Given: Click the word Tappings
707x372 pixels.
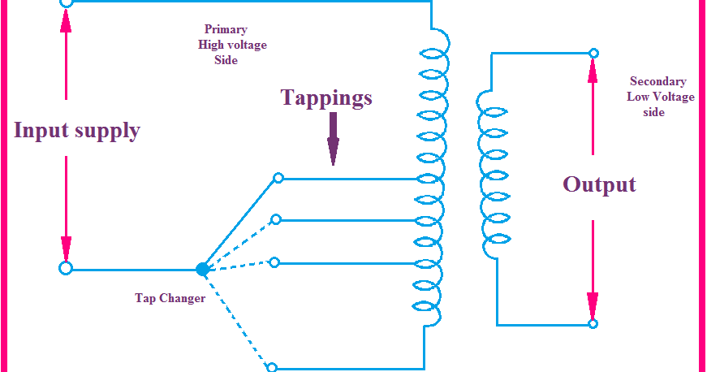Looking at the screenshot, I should (x=326, y=98).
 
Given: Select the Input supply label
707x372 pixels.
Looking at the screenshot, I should (x=77, y=131).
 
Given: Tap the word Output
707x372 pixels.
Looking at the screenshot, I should (x=599, y=184).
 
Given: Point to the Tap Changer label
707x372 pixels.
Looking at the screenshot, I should (x=170, y=298).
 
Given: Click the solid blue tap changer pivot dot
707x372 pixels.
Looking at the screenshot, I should (x=202, y=269).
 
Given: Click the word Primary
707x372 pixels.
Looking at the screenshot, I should (x=226, y=29).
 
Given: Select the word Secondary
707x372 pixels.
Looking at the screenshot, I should (x=657, y=81).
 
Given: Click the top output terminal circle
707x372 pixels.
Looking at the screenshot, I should (x=593, y=54).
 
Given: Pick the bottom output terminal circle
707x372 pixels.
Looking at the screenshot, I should (x=593, y=324).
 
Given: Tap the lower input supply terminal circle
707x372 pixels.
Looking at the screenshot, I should (x=66, y=268).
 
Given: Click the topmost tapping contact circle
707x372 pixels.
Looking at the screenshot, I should (x=278, y=178).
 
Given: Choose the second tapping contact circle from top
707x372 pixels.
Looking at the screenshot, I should (x=276, y=219).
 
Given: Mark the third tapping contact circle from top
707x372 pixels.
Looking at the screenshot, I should (x=274, y=262).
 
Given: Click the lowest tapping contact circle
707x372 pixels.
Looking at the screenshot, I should (x=272, y=367).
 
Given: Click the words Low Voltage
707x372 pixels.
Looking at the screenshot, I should (x=660, y=97).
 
